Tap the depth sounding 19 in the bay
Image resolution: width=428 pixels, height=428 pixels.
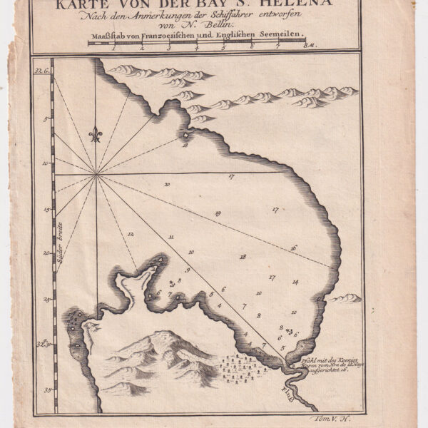pyautogui.click(x=218, y=213)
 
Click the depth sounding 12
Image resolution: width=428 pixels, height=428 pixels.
pyautogui.click(x=131, y=233)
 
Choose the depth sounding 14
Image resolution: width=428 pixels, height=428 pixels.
pyautogui.click(x=295, y=282)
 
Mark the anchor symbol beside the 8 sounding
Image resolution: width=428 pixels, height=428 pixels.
pyautogui.click(x=171, y=284)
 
